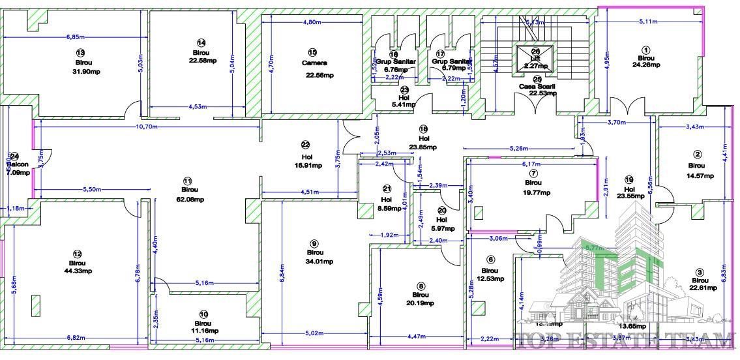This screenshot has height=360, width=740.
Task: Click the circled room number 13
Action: tap(80, 52)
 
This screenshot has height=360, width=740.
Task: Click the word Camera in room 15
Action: tap(314, 63)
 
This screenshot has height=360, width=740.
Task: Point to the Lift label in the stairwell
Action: tap(535, 57)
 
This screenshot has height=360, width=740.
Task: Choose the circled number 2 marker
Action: tap(697, 155)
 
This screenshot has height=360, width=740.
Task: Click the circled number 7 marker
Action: tap(533, 173)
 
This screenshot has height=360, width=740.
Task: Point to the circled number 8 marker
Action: tap(421, 285)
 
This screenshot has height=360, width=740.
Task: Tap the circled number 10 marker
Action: tap(203, 314)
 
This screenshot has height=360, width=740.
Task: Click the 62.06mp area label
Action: tap(188, 200)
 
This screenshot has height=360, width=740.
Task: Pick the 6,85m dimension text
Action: tap(77, 37)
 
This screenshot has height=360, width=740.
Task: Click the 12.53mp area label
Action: tap(490, 279)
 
